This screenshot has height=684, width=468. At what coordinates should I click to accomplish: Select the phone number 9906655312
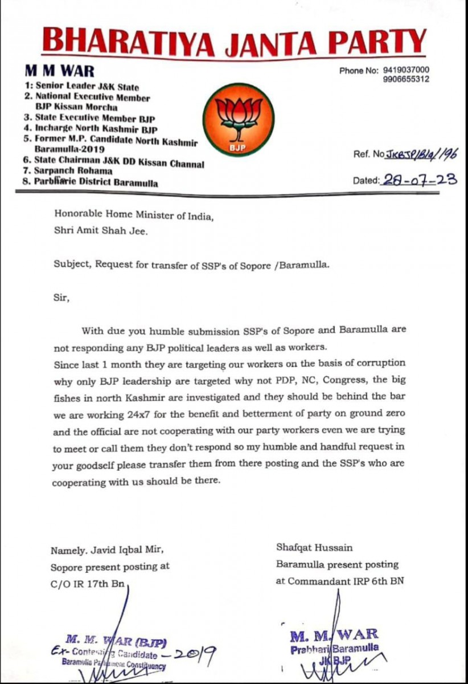tap(407, 80)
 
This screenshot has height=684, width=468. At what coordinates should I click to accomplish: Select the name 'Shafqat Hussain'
tap(314, 548)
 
